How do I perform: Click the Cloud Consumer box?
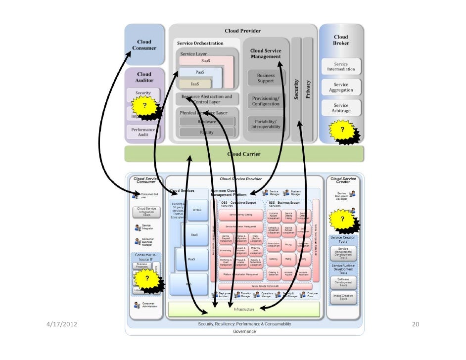144,45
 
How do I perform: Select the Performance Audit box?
143,132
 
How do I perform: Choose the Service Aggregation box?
341,88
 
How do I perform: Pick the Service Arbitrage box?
341,108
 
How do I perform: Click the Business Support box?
266,78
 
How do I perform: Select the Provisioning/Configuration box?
266,101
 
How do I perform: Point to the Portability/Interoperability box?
266,124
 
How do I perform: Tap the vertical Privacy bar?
308,89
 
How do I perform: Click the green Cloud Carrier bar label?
244,154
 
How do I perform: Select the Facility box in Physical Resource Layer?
206,132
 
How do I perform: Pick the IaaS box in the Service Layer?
195,84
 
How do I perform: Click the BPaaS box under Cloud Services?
197,210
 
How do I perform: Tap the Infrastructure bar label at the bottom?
244,309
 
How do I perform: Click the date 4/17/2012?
61,324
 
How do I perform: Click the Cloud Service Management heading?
266,53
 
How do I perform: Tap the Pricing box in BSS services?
288,244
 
